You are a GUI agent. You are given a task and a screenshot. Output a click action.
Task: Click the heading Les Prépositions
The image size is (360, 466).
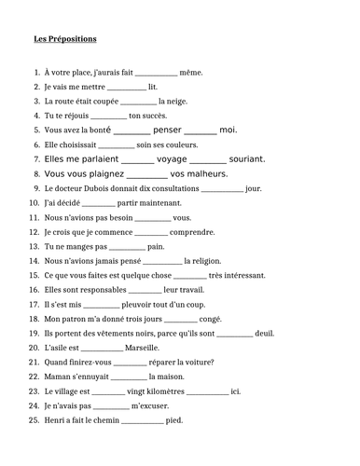click(x=64, y=39)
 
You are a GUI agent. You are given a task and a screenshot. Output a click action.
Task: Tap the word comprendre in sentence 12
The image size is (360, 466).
click(x=193, y=231)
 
